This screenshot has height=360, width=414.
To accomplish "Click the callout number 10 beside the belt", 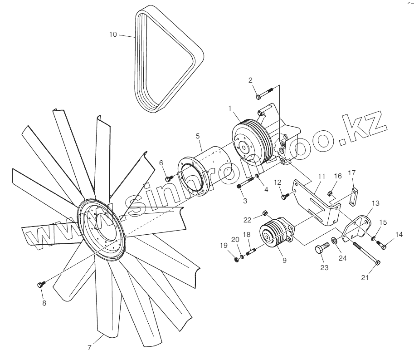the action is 113,34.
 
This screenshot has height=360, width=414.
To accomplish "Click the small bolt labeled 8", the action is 40,285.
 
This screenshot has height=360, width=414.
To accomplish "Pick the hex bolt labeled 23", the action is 321,249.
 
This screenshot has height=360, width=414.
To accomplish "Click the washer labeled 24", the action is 333,240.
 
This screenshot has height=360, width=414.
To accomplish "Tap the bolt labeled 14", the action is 382,246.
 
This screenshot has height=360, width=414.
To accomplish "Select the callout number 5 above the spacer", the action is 198,136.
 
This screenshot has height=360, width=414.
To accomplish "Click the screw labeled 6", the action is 168,178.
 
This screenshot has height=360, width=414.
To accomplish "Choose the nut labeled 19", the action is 237,259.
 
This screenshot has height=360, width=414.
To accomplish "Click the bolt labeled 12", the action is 285,197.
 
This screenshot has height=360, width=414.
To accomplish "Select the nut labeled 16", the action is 331,194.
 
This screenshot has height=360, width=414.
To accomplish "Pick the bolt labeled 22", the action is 265,213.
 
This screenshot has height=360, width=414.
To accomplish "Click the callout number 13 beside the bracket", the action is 376,203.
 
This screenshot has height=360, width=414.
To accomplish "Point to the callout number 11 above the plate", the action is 321,176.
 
